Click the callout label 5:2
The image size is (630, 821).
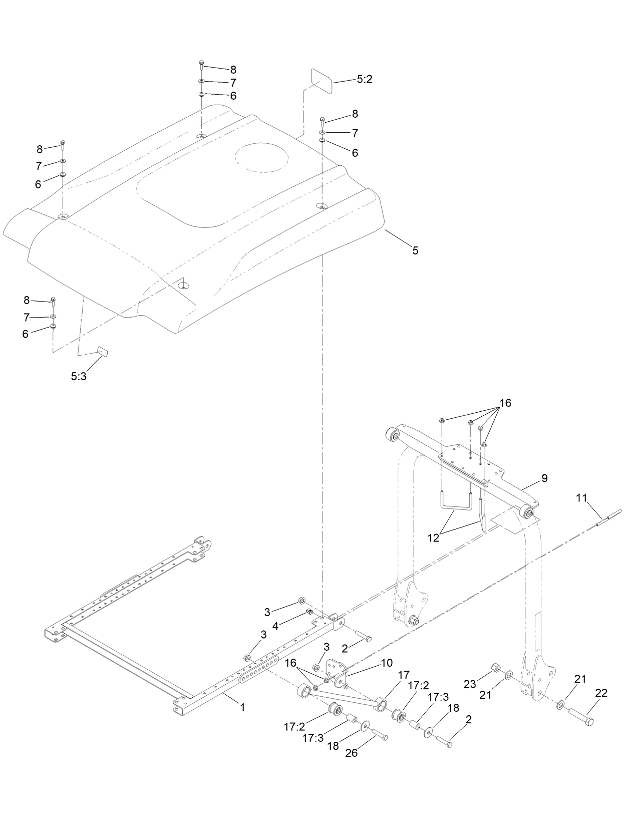365,79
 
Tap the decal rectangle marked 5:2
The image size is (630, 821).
322,80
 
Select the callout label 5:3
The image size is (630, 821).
79,376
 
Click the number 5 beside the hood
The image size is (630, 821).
415,250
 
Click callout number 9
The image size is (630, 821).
544,478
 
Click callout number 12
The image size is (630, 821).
434,537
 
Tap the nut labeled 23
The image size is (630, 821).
495,668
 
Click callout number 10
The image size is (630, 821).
387,662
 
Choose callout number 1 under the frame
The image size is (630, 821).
242,708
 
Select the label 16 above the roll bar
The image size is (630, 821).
505,403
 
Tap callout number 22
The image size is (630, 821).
601,693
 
